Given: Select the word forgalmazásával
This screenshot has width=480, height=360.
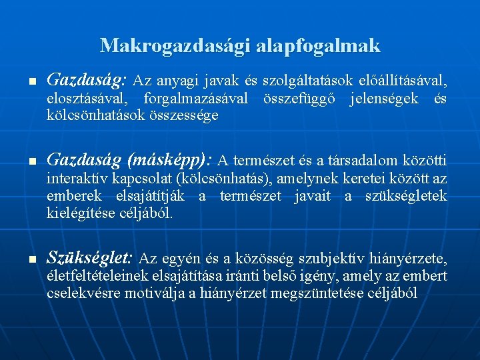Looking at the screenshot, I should coord(196,99).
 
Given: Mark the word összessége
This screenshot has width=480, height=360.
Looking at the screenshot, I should coord(185,116).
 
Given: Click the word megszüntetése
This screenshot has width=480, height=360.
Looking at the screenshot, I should coord(311,293).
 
